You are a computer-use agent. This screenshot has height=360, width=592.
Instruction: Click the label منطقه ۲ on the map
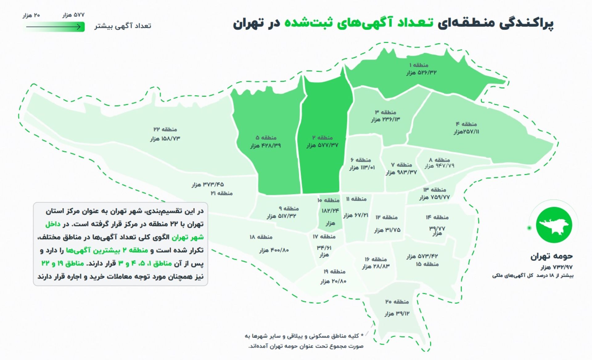[x=322, y=138]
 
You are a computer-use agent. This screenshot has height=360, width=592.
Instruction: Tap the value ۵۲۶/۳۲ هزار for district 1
[x=421, y=73]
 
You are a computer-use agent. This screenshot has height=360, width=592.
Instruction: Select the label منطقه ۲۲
[x=165, y=130]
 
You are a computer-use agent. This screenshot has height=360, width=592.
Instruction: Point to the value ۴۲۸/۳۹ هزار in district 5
[x=265, y=146]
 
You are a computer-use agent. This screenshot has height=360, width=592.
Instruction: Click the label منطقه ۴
[x=466, y=124]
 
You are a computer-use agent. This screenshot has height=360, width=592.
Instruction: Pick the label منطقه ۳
[x=385, y=112]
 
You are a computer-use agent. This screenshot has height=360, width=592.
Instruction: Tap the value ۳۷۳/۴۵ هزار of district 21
[x=208, y=185]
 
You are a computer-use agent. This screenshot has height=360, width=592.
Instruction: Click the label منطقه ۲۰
[x=397, y=302]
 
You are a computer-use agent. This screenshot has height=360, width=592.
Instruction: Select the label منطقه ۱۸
[x=261, y=237]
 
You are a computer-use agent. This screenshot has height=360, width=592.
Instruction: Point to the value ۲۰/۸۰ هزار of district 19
[x=333, y=281]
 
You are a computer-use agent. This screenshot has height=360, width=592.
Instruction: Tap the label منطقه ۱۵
[x=427, y=264]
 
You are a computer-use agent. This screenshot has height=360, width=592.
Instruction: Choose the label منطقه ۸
[x=439, y=160]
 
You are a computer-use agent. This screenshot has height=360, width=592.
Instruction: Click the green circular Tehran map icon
[x=554, y=225]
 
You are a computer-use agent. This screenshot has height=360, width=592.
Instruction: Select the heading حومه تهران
[x=551, y=256]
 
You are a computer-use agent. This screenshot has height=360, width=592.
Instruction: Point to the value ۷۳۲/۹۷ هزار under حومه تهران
[x=557, y=267]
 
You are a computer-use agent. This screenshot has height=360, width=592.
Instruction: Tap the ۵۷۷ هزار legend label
[x=73, y=15]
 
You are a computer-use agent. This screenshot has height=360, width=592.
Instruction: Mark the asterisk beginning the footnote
[x=362, y=335]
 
